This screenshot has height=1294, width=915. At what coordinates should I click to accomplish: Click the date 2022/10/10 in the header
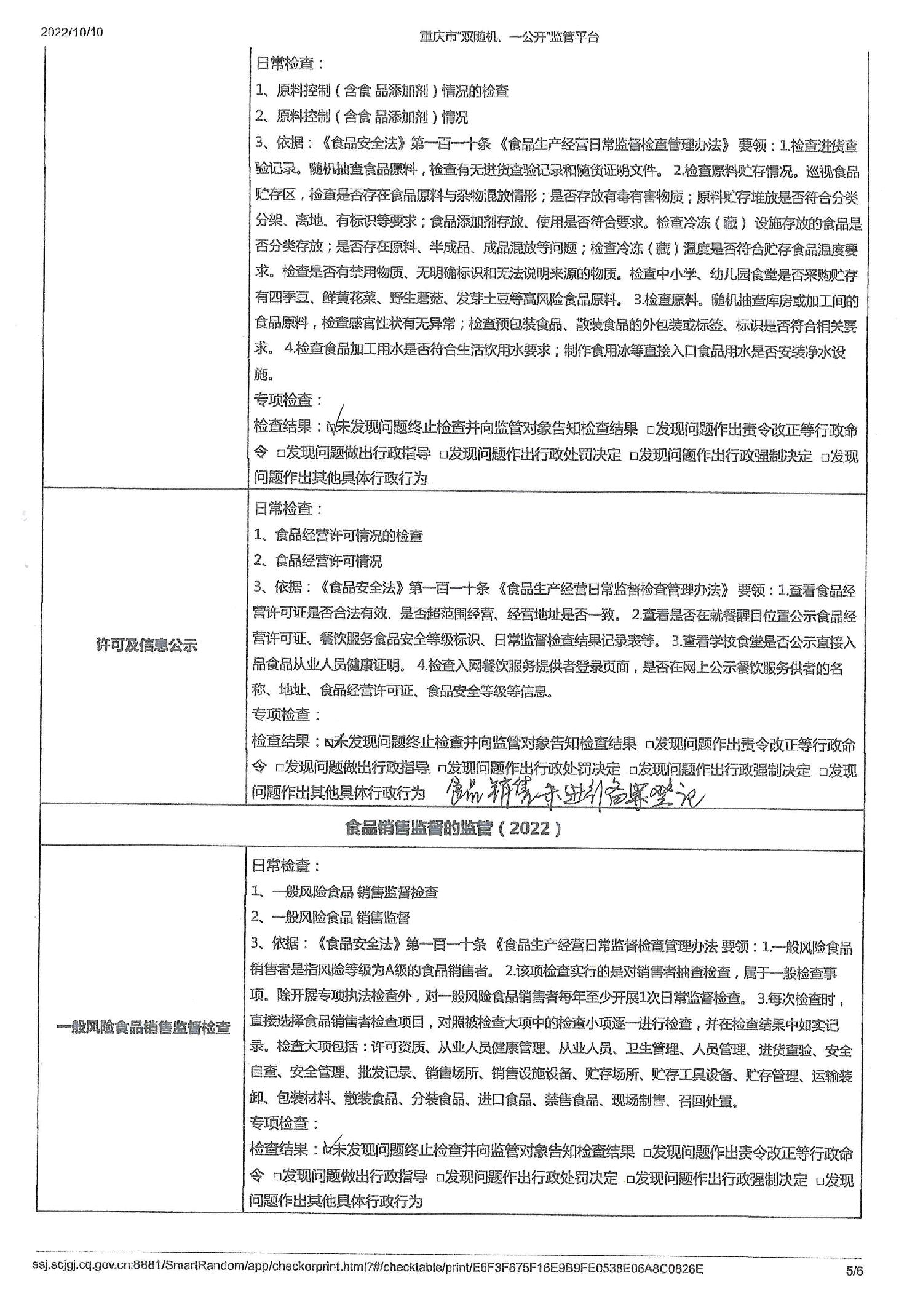[72, 33]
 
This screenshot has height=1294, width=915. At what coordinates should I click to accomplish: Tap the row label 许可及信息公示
[146, 645]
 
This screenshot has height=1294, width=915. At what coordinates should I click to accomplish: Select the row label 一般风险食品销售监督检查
[143, 1027]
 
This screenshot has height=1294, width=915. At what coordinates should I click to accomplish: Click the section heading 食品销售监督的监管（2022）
[453, 827]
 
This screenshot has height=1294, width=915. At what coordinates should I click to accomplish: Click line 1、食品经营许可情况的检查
[339, 535]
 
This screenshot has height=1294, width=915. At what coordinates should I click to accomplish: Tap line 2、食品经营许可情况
[318, 561]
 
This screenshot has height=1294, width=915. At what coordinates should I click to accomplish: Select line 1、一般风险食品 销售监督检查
[344, 892]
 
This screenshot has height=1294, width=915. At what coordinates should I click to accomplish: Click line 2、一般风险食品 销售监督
[330, 918]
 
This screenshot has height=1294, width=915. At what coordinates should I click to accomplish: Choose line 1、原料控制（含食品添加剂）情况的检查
[382, 91]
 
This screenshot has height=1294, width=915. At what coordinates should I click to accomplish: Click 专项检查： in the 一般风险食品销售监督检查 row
[284, 1123]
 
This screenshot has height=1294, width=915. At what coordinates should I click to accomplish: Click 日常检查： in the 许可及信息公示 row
[288, 509]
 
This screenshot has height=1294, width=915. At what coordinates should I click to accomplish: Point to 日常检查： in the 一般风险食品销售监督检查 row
[285, 866]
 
